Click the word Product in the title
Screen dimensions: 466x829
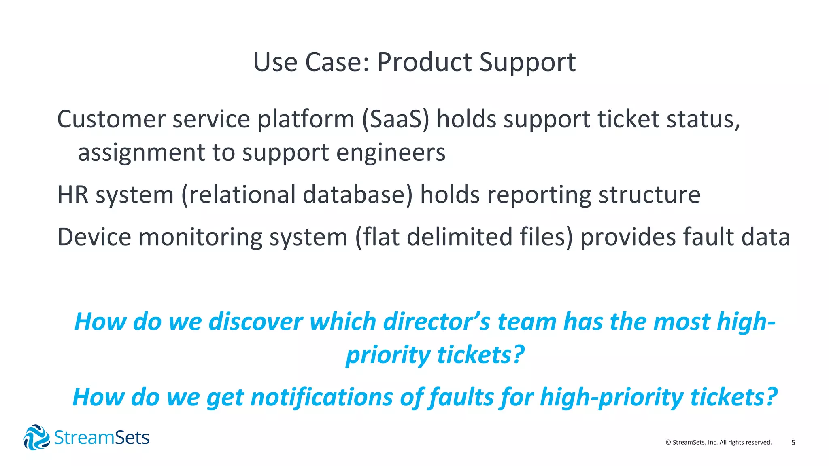coord(424,63)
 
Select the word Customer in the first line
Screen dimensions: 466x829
coord(111,120)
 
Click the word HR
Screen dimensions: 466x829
coord(72,195)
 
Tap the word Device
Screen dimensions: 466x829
coord(94,237)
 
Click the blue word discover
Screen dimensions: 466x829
coord(255,322)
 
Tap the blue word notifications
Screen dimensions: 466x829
coord(321,397)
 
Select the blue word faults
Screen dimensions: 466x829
coord(461,397)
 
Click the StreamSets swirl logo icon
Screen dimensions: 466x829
coord(36,437)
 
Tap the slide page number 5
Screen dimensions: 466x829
coord(793,443)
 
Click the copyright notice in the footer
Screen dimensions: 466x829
coord(718,443)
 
